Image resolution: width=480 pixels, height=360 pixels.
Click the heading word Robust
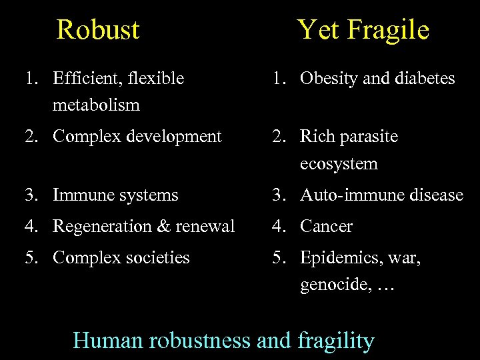click(x=98, y=30)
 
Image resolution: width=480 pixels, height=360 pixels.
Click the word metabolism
click(x=96, y=105)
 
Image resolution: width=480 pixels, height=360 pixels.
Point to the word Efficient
click(x=83, y=79)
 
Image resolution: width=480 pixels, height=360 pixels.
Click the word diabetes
click(x=425, y=79)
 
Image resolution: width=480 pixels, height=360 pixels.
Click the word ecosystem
click(x=339, y=164)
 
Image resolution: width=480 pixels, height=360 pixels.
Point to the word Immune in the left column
click(x=81, y=195)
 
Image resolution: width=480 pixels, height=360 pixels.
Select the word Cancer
click(x=327, y=227)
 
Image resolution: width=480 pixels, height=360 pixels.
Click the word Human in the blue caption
click(x=109, y=341)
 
